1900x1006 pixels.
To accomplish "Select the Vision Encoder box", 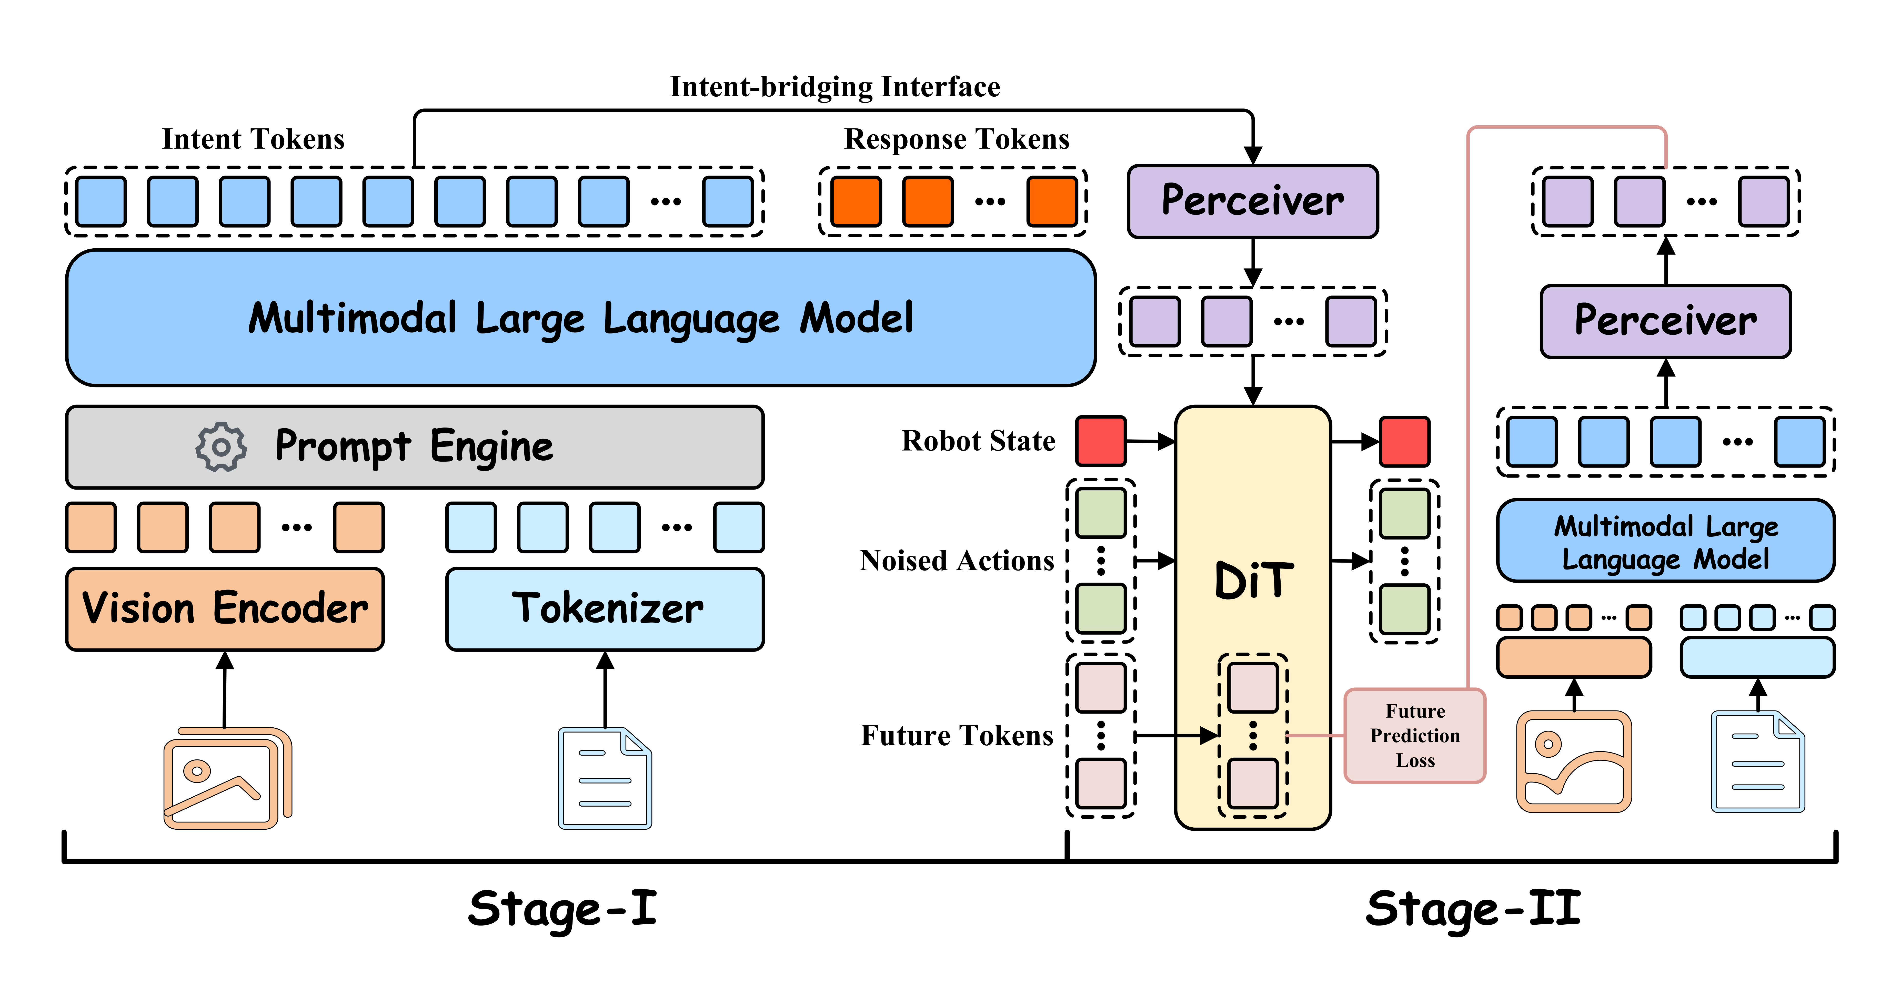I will (x=225, y=608).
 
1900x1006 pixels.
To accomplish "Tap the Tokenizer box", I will (x=605, y=608).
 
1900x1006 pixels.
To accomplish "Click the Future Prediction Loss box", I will (x=1415, y=735).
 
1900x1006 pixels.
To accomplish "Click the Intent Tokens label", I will (x=253, y=139).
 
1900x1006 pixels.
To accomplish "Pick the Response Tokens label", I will (x=957, y=139).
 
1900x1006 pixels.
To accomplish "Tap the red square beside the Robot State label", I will (x=1100, y=441).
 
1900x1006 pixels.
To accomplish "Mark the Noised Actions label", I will (x=957, y=561).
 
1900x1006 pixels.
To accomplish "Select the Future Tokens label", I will (x=957, y=735).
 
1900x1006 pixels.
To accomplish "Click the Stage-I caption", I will (x=562, y=909).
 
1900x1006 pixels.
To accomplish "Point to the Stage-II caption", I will (x=1473, y=909).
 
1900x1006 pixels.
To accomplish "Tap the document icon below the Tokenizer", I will (x=605, y=778).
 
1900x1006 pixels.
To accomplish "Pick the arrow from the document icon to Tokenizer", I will (x=605, y=690).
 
